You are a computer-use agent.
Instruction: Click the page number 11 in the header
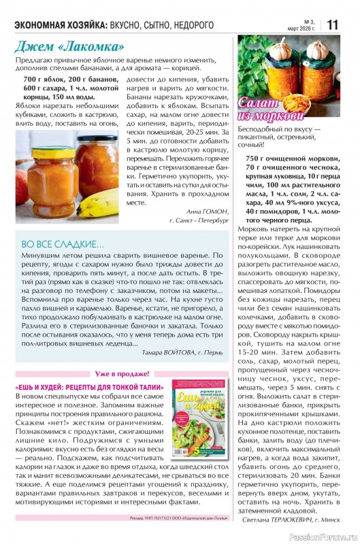tap(333, 24)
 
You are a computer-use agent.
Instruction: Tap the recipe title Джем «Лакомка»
tap(70, 47)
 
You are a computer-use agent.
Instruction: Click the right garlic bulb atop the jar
tap(316, 49)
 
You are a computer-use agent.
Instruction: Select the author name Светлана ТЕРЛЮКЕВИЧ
tap(278, 520)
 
